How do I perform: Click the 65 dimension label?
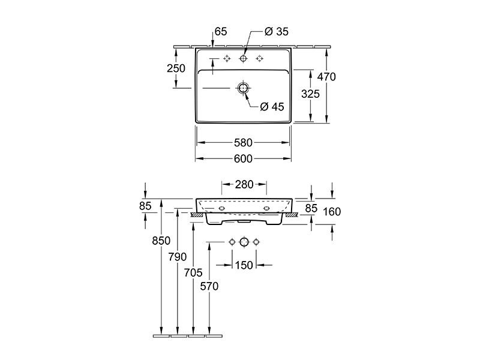(221, 32)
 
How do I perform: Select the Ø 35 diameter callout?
(277, 32)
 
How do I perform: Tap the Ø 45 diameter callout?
(272, 107)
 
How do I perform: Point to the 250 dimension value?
(176, 68)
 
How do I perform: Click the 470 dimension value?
(326, 77)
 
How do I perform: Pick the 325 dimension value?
(310, 94)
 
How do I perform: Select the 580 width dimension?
(244, 143)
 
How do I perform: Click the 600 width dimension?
(244, 158)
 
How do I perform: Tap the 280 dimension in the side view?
(244, 184)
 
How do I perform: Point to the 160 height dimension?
(332, 212)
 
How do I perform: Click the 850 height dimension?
(161, 241)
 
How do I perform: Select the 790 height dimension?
(177, 257)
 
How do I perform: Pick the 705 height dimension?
(193, 272)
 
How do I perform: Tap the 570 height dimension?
(209, 287)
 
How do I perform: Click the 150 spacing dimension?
(244, 265)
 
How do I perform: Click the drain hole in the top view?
(243, 88)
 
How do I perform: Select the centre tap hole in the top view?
(243, 58)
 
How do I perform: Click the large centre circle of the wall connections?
(244, 242)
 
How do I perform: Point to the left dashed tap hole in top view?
(227, 58)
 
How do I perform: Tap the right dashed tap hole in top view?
(260, 58)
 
